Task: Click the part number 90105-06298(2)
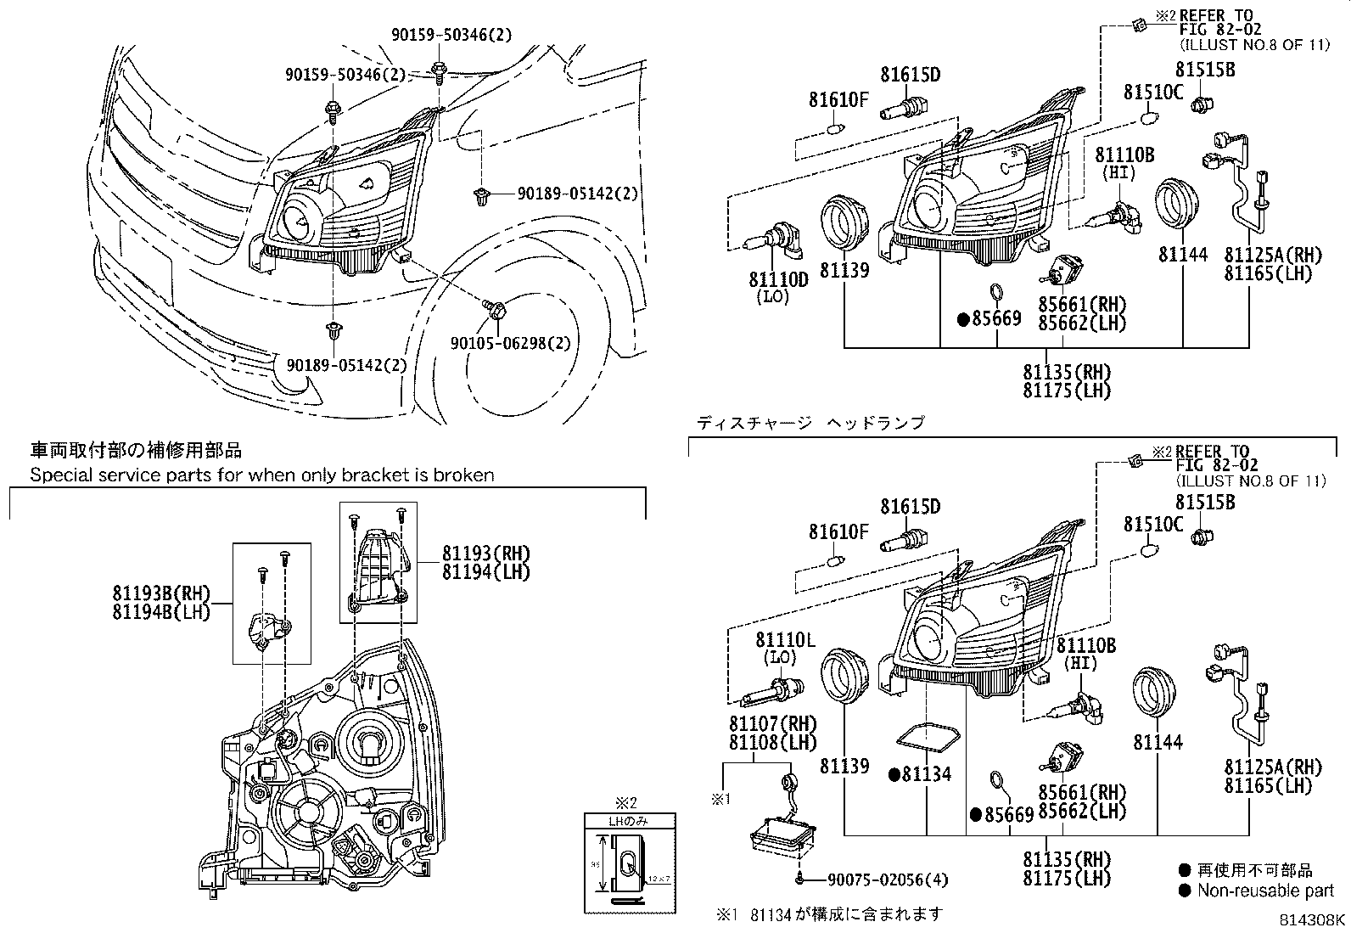click(510, 343)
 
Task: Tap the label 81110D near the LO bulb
click(778, 279)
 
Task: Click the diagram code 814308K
click(1313, 919)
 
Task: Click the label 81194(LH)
click(485, 572)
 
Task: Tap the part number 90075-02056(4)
click(880, 880)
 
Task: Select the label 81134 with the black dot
click(926, 774)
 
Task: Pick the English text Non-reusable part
click(1265, 891)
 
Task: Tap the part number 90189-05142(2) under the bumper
click(347, 365)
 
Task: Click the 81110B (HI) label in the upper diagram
click(1124, 155)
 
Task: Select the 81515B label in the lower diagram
click(1205, 503)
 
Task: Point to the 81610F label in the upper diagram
click(838, 101)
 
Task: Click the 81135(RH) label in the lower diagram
click(1066, 859)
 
